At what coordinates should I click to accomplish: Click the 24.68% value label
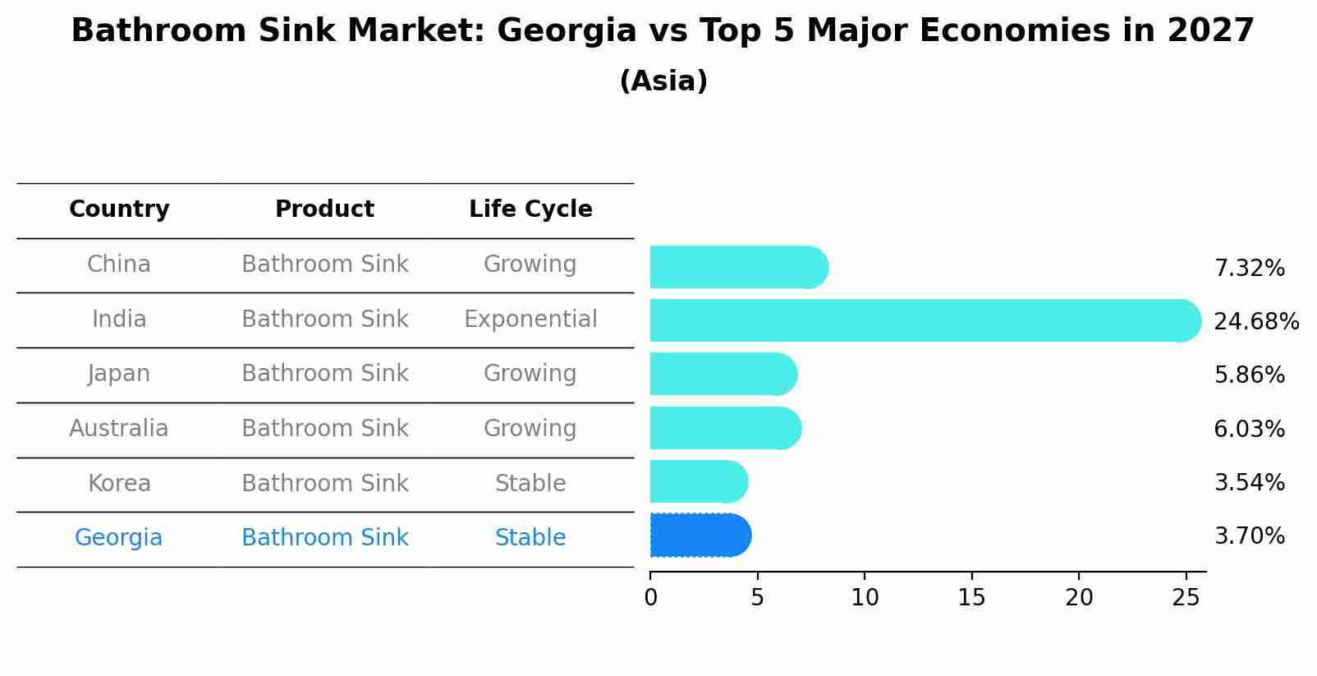(1255, 321)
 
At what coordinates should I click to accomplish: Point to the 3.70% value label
(1249, 536)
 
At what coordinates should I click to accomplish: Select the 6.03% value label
(1249, 429)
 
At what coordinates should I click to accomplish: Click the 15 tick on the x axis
(971, 598)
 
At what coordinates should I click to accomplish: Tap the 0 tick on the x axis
(650, 598)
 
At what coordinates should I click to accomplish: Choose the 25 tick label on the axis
(1186, 598)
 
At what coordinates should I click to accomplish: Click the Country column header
(119, 209)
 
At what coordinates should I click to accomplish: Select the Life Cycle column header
(530, 209)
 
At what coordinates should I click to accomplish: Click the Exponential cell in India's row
(530, 319)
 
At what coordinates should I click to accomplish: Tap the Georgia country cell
(119, 538)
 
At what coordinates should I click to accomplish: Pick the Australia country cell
(119, 429)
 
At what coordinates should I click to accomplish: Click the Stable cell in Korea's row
(530, 483)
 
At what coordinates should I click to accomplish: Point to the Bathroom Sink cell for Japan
(324, 374)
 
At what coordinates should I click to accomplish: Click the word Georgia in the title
(567, 31)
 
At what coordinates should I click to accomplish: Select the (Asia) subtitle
(663, 81)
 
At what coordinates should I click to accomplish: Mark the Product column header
(324, 209)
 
